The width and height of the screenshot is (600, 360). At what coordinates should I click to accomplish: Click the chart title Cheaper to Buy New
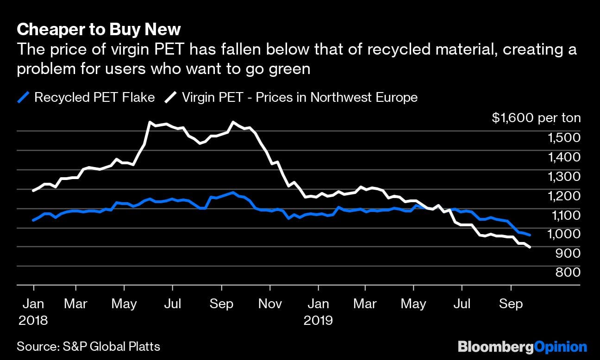[99, 30]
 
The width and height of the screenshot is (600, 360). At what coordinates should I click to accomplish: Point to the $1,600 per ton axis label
[536, 118]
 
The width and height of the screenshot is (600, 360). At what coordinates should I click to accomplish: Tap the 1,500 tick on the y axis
[563, 137]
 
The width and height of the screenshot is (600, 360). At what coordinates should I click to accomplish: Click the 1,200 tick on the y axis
[563, 196]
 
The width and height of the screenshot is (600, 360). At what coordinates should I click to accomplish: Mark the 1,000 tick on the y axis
[563, 234]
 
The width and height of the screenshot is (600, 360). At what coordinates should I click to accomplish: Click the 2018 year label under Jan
[33, 320]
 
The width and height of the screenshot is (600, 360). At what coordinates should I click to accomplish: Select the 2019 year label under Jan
[319, 320]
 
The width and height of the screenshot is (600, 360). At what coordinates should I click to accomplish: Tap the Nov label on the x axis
[270, 304]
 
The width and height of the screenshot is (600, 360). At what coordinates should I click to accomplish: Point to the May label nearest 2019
[413, 304]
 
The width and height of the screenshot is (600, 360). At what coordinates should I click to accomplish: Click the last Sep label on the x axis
[511, 304]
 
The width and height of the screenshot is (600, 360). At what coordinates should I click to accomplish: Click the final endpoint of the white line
[530, 248]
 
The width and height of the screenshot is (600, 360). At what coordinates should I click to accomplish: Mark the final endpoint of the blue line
[530, 235]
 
